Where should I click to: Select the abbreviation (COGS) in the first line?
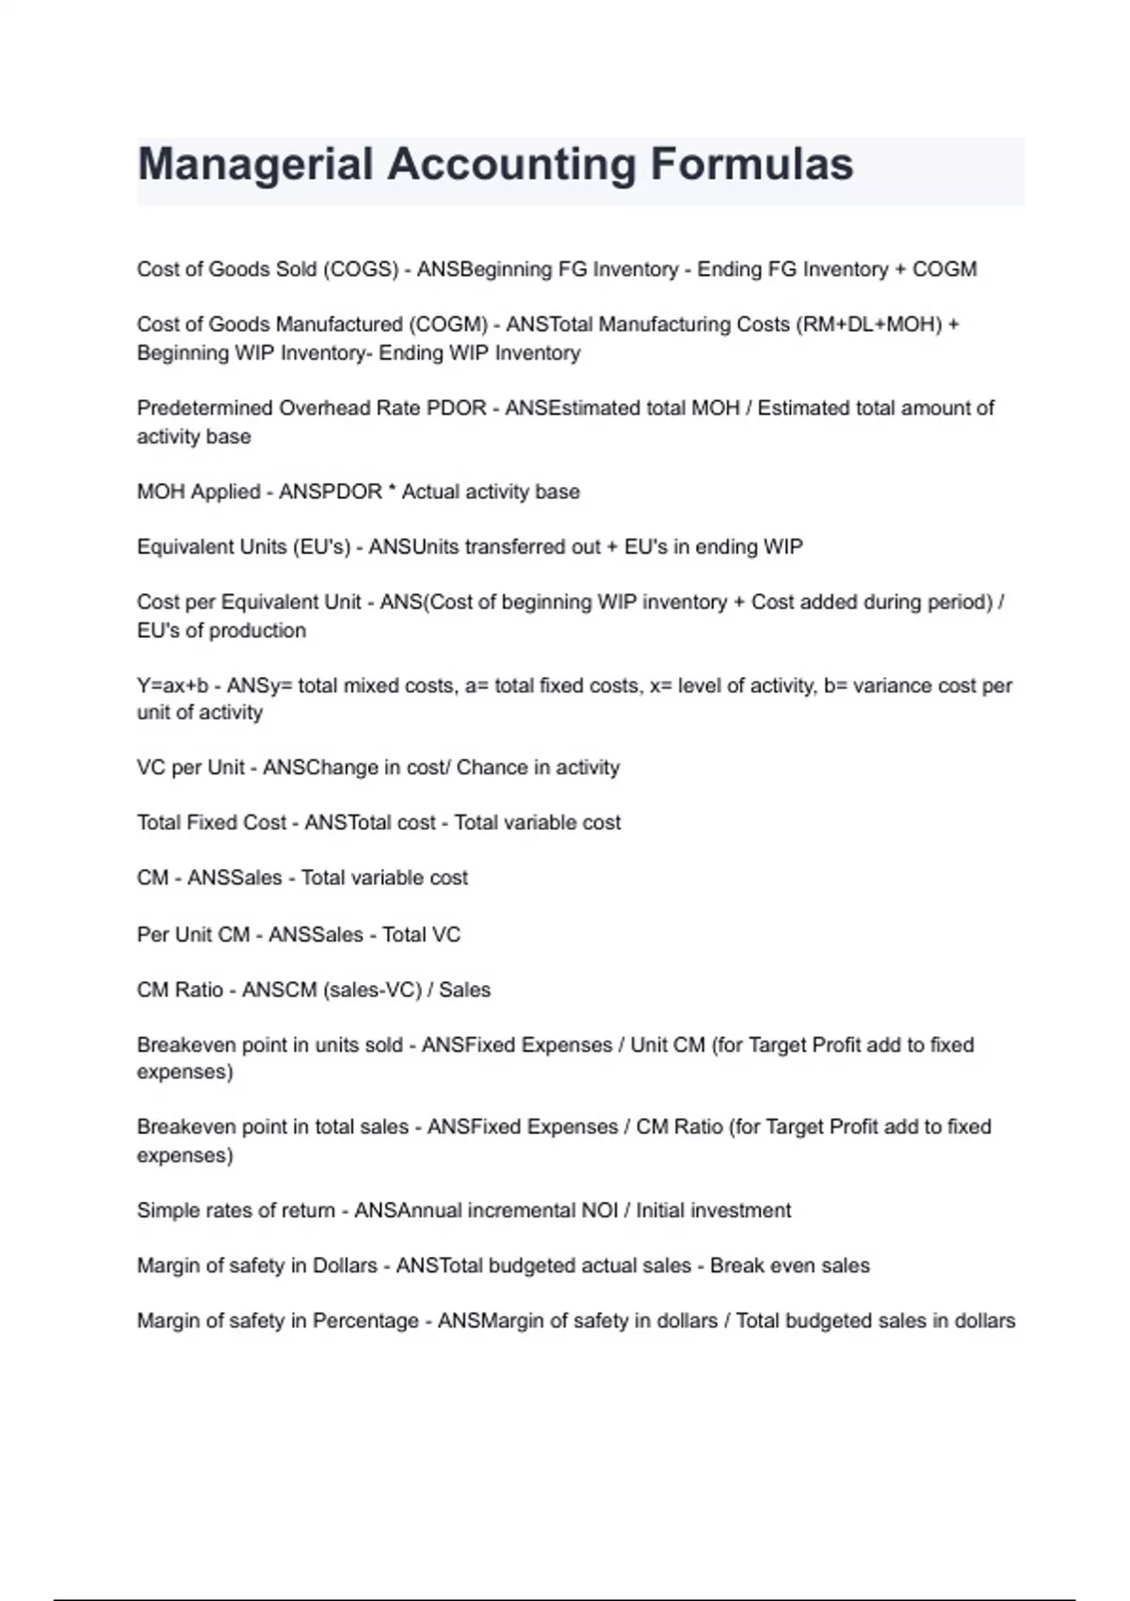pos(361,269)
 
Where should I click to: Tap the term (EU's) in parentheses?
pos(322,547)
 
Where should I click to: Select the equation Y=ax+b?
pos(172,687)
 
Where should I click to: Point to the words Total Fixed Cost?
pos(211,823)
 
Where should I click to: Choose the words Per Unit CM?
pos(193,935)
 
